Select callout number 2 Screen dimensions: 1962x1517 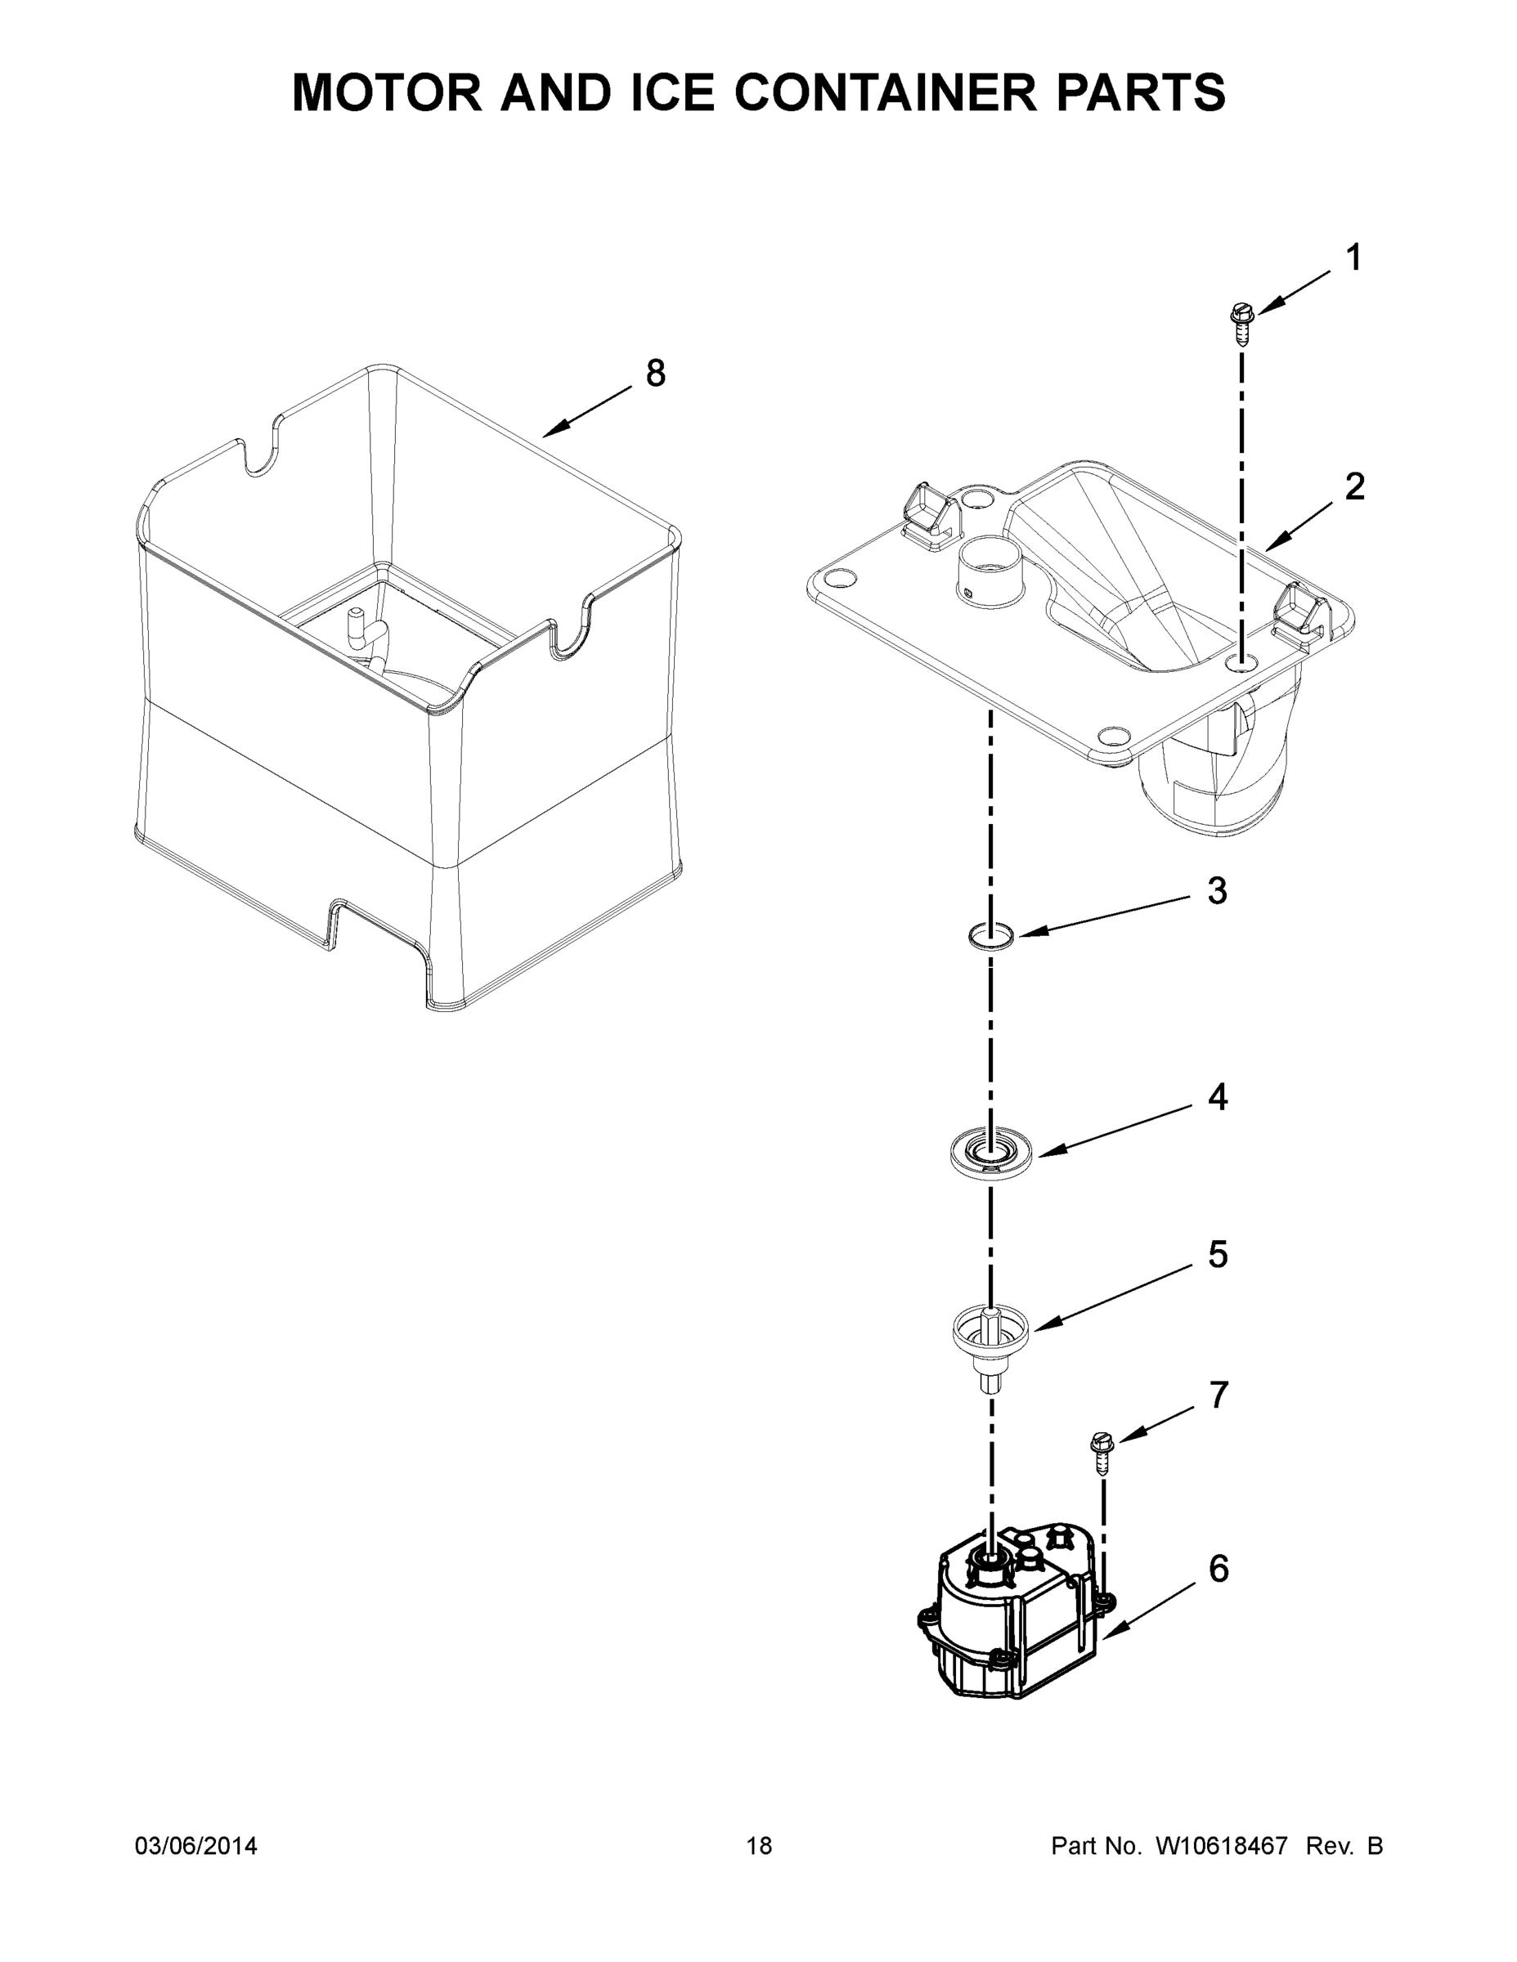click(1354, 487)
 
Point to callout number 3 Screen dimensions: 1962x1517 click(1217, 891)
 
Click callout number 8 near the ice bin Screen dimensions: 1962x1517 click(656, 373)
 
